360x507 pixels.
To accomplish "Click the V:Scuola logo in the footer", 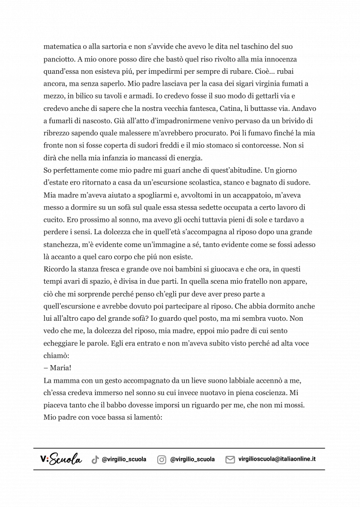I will [61, 459].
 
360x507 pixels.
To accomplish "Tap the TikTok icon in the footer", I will [95, 460].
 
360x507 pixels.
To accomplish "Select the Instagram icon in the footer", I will [162, 460].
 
